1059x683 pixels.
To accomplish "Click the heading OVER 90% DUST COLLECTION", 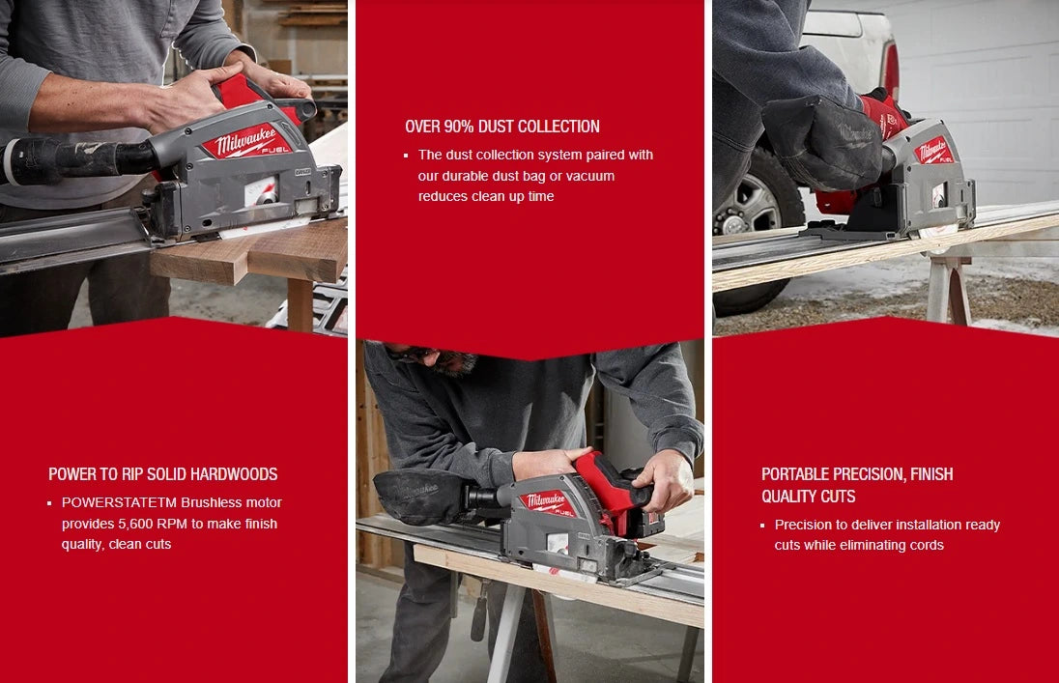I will (x=502, y=127).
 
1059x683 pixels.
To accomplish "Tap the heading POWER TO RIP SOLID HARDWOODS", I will (x=162, y=474).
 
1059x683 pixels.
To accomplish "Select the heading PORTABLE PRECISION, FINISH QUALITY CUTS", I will (x=856, y=485).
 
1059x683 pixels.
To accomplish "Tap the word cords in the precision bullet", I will (x=926, y=545).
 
